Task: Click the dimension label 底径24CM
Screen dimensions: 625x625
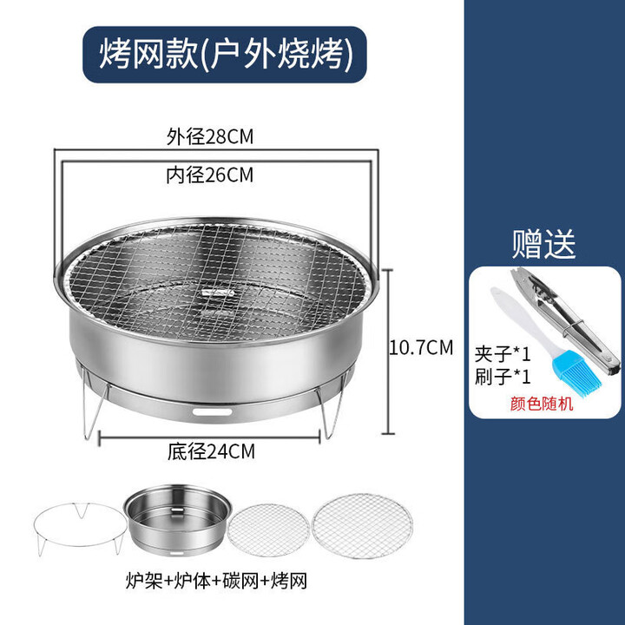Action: coord(211,451)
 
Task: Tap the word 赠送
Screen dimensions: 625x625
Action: coord(543,244)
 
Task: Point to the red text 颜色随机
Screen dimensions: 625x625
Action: coord(543,404)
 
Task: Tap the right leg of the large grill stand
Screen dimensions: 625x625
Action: coord(331,413)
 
